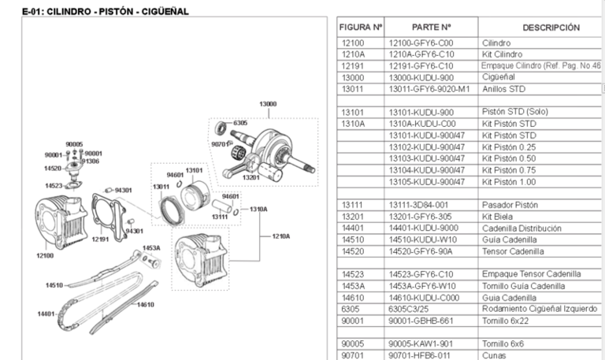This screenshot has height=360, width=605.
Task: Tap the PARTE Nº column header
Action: pos(431,28)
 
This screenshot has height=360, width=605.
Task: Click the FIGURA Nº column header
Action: pos(361,28)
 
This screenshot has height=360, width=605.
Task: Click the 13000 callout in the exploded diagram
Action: pos(269,104)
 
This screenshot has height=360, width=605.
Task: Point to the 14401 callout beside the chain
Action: pos(46,314)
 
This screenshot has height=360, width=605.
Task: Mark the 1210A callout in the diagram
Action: pos(281,236)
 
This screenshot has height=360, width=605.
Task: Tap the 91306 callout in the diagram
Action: pos(91,161)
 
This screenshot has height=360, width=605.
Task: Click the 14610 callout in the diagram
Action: pos(146,304)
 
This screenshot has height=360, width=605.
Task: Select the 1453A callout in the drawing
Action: pos(150,248)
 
